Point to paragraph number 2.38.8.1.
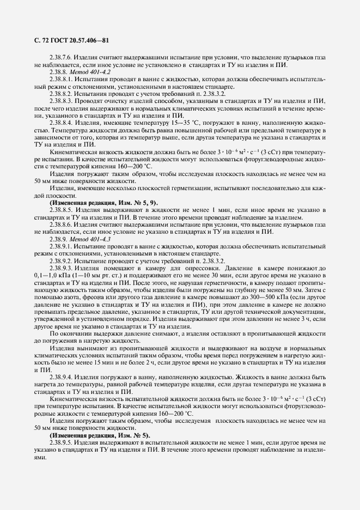click(x=61, y=79)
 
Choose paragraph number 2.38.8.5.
click(x=61, y=209)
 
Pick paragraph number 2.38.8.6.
click(x=61, y=224)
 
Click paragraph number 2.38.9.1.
click(x=61, y=246)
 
